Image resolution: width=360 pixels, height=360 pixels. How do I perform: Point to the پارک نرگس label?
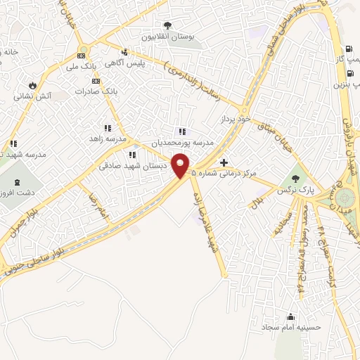293,191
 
